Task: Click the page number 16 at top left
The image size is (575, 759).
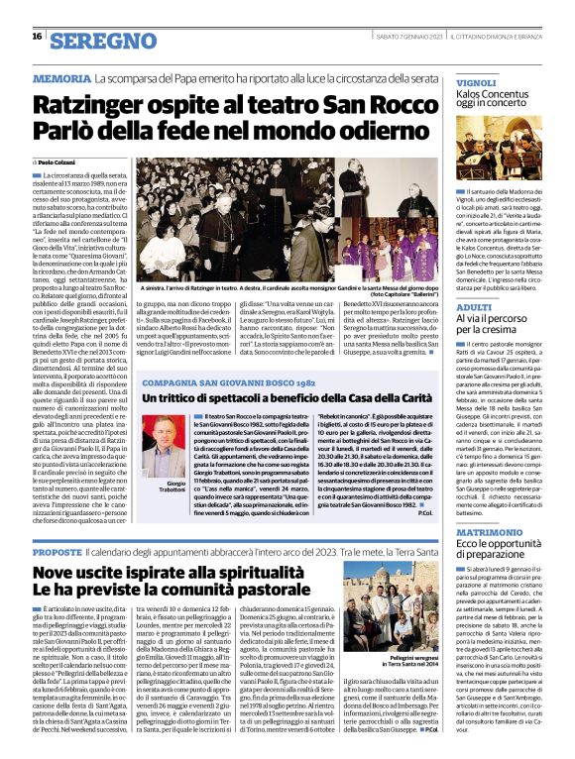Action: click(37, 36)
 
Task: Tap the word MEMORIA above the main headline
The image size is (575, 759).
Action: click(60, 78)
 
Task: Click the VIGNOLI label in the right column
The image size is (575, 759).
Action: click(476, 83)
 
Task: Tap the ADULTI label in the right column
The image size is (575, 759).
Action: click(473, 308)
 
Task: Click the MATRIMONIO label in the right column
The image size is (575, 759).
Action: click(489, 533)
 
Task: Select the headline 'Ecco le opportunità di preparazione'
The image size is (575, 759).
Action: click(506, 551)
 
